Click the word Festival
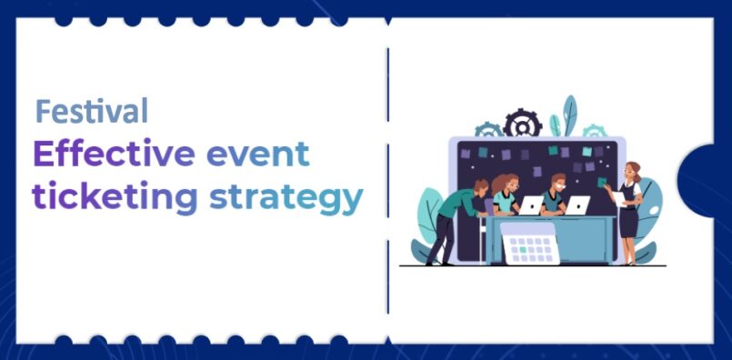tap(92, 111)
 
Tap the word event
tap(257, 155)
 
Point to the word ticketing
tap(115, 197)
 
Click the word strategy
tap(286, 199)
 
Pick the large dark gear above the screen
tap(522, 123)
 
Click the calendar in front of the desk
tap(530, 244)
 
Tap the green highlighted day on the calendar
tap(524, 250)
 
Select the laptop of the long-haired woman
tap(531, 205)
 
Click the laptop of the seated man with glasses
tap(577, 205)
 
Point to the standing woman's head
tap(633, 171)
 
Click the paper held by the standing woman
tap(619, 198)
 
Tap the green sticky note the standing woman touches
tap(602, 182)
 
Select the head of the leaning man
tap(481, 185)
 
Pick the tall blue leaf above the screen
tap(570, 115)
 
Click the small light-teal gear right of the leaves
tap(595, 131)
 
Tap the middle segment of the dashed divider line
tap(387, 180)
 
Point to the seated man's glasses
tap(560, 185)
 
